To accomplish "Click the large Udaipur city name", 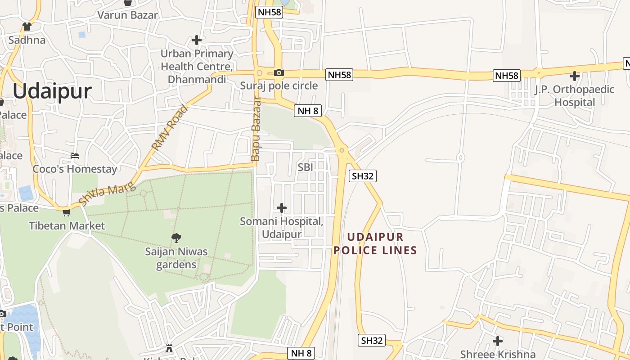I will pyautogui.click(x=52, y=91).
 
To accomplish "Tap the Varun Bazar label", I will pyautogui.click(x=128, y=15).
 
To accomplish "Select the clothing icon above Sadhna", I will pyautogui.click(x=27, y=27).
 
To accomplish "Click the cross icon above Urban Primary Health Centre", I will pyautogui.click(x=197, y=40).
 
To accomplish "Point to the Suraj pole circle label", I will pyautogui.click(x=279, y=85).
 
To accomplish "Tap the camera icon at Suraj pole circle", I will pyautogui.click(x=279, y=72).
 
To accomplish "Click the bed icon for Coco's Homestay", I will pyautogui.click(x=75, y=156).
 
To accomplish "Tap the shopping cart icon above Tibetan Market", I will pyautogui.click(x=67, y=212).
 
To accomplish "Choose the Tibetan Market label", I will pyautogui.click(x=67, y=225).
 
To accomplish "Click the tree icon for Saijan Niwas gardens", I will pyautogui.click(x=176, y=238).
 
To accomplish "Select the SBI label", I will pyautogui.click(x=305, y=167).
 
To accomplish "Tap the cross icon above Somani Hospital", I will pyautogui.click(x=282, y=208).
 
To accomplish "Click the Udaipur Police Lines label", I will pyautogui.click(x=375, y=243).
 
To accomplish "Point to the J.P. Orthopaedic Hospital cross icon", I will pyautogui.click(x=575, y=76).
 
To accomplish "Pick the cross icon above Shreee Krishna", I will pyautogui.click(x=498, y=341).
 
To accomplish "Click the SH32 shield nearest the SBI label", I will pyautogui.click(x=363, y=176).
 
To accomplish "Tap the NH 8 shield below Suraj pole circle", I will pyautogui.click(x=308, y=111).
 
